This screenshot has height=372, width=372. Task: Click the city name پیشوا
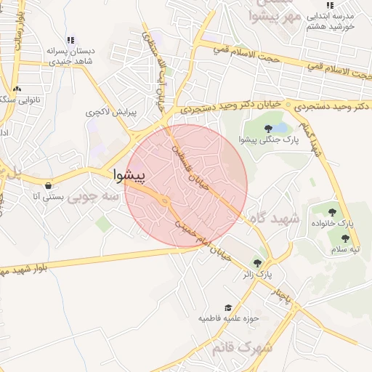[129, 176]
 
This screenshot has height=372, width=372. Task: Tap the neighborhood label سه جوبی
[93, 196]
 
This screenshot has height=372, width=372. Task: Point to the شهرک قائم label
[243, 347]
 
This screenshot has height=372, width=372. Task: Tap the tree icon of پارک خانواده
[332, 212]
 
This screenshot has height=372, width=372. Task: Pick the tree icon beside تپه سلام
[346, 238]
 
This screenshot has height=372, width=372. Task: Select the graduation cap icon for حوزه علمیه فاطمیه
[228, 308]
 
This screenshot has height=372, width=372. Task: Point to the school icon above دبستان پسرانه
[70, 40]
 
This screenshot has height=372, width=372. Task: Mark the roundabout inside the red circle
[166, 201]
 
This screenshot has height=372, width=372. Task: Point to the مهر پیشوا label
[274, 15]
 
